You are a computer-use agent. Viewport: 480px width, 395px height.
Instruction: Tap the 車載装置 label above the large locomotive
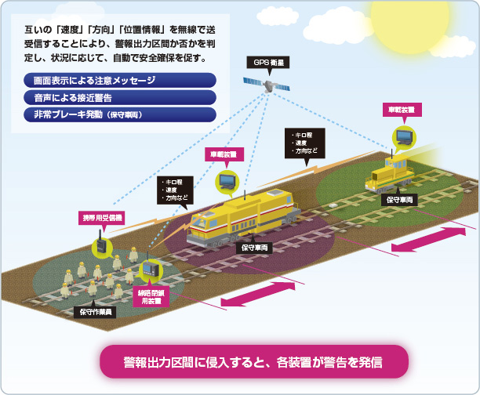click(x=225, y=154)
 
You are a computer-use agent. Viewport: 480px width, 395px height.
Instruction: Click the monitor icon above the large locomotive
click(x=227, y=181)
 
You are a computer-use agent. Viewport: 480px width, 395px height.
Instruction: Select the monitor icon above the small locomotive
click(x=404, y=137)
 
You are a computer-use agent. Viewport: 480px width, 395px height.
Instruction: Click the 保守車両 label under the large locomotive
click(x=254, y=248)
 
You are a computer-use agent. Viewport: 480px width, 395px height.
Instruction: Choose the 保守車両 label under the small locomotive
click(x=400, y=200)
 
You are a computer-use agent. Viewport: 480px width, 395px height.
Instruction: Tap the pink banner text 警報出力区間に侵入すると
click(x=253, y=364)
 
